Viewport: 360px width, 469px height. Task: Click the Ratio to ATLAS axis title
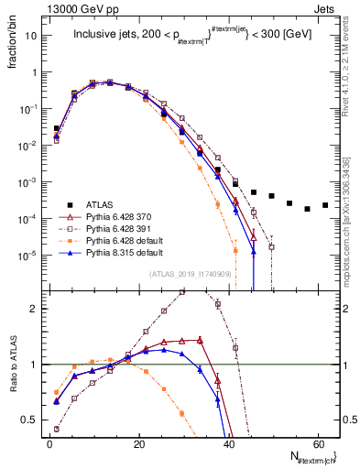point(11,363)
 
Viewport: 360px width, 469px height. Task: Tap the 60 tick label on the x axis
point(318,442)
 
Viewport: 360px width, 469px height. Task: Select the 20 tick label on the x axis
point(138,442)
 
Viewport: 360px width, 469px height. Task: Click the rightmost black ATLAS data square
point(325,205)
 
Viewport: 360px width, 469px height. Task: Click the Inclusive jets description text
point(183,38)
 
